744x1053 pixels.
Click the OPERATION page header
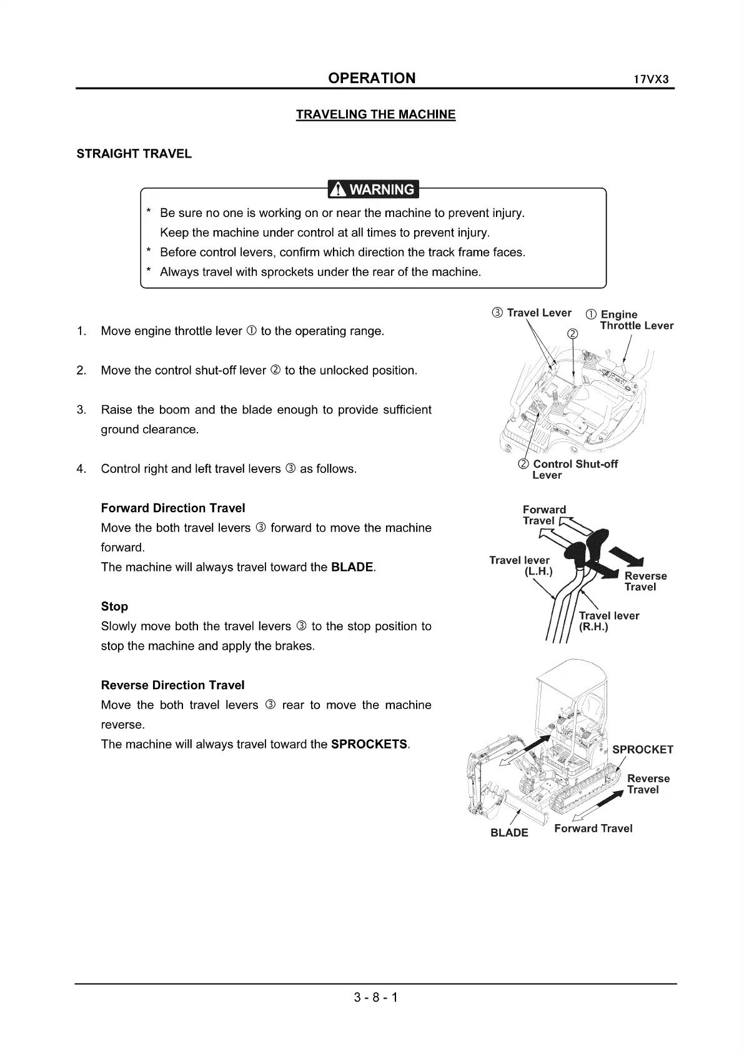click(372, 78)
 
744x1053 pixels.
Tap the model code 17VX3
click(652, 80)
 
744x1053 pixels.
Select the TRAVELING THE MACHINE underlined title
click(375, 114)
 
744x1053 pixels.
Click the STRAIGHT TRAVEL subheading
click(134, 154)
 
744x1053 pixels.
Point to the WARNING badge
click(374, 189)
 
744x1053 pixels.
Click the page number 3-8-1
click(375, 997)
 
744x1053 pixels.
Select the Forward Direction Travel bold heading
click(173, 508)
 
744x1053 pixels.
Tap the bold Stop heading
click(114, 607)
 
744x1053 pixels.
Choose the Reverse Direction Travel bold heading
click(172, 685)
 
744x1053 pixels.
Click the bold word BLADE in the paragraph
click(352, 567)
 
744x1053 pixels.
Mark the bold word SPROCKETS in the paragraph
click(369, 744)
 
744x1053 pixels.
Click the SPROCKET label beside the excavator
click(642, 750)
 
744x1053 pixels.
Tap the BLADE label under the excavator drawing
click(509, 833)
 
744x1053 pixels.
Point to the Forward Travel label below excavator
click(593, 829)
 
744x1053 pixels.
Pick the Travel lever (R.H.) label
click(608, 621)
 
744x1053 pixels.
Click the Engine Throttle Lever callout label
click(636, 320)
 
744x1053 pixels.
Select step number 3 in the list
click(81, 410)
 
